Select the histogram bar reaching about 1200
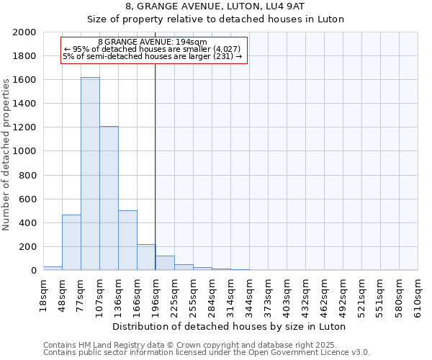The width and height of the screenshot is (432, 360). pyautogui.click(x=109, y=198)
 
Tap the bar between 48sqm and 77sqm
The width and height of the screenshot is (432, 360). pyautogui.click(x=71, y=242)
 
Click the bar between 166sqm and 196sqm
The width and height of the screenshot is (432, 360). pyautogui.click(x=146, y=257)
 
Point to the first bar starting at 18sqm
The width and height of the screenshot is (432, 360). pyautogui.click(x=53, y=268)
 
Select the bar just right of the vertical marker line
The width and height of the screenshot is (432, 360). pyautogui.click(x=165, y=263)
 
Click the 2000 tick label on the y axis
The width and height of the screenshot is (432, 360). pyautogui.click(x=24, y=32)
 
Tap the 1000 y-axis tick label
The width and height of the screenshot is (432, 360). pyautogui.click(x=24, y=151)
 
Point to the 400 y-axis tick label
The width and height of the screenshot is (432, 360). pyautogui.click(x=27, y=222)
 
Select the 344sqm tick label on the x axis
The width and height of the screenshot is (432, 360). pyautogui.click(x=249, y=294)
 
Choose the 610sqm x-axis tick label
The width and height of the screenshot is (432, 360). pyautogui.click(x=418, y=294)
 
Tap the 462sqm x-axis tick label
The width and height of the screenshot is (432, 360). pyautogui.click(x=324, y=294)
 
